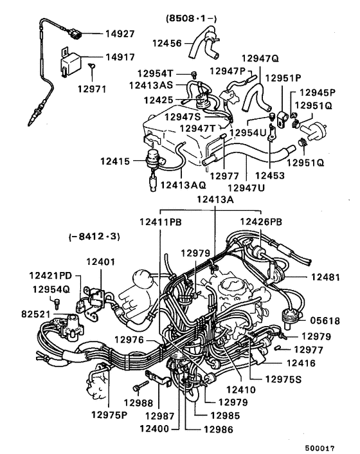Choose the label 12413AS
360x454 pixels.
click(150, 84)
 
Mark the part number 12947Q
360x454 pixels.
click(260, 59)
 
